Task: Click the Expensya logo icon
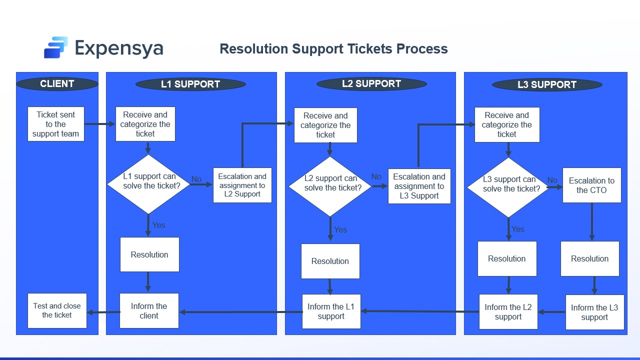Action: coord(55,47)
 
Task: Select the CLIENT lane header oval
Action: coord(57,84)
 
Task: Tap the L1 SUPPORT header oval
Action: coord(190,84)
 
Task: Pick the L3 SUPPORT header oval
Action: coord(547,85)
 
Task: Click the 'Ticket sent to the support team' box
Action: coord(55,124)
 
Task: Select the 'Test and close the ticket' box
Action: coord(57,310)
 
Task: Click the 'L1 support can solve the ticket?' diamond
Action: coord(149,184)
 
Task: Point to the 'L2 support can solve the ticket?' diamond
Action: coord(330,186)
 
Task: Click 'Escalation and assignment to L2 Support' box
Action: coord(242,185)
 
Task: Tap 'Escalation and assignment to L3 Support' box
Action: coord(419,186)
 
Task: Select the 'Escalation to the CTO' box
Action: coord(591,185)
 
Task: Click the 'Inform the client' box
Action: coord(149,310)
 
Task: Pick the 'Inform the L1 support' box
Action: coord(331,311)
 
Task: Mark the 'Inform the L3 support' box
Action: coord(594,312)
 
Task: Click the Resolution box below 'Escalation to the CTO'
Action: coord(589,258)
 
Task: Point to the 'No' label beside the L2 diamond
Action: coord(376,176)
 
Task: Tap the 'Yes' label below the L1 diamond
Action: coord(158,225)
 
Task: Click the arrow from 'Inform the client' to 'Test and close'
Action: coord(103,312)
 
